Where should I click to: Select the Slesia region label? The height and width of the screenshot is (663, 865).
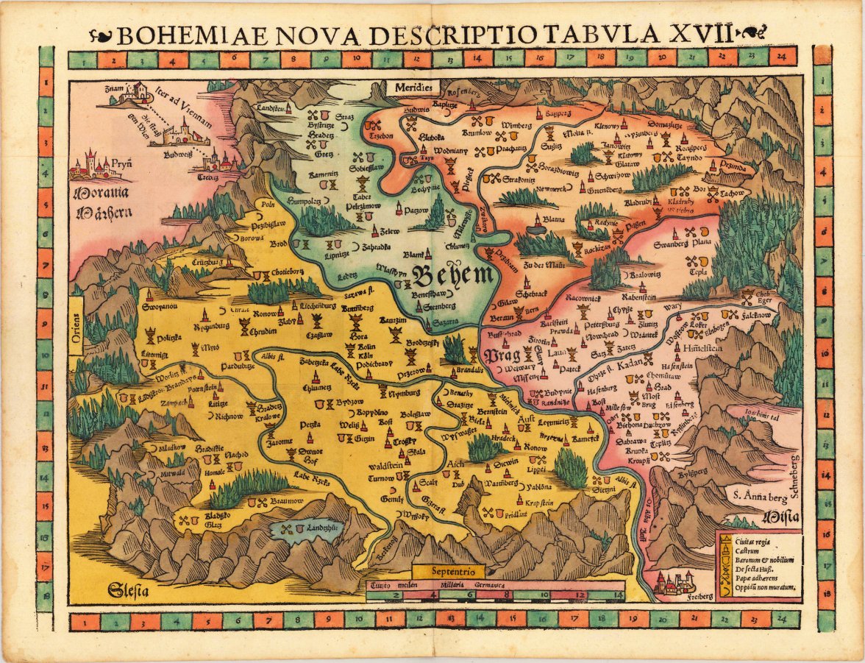point(127,589)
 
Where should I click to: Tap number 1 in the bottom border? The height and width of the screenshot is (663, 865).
point(88,622)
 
